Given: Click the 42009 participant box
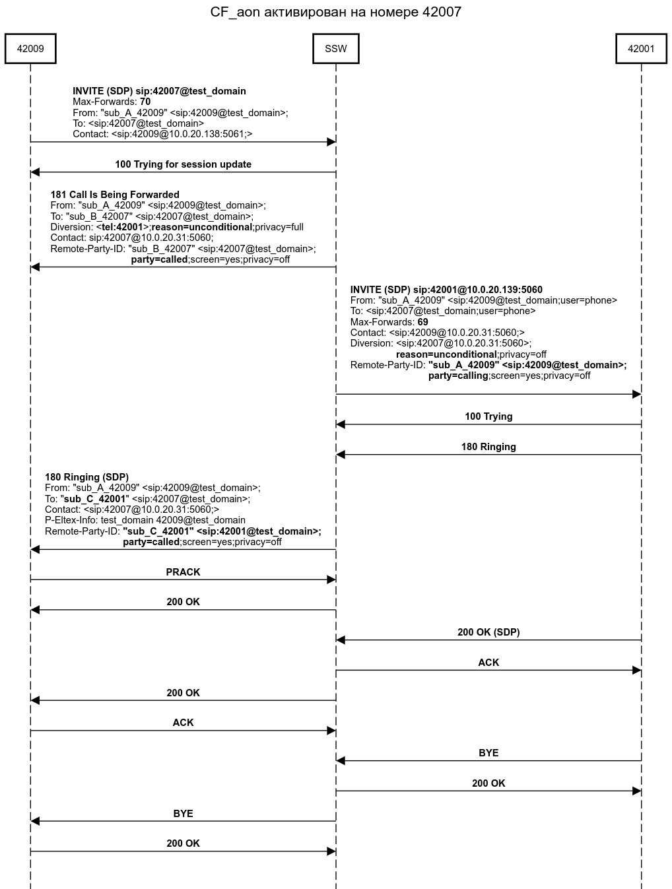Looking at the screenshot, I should pos(30,49).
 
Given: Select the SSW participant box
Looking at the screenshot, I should pos(335,49).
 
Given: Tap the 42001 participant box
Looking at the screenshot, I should pos(640,49).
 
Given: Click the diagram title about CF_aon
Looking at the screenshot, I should pos(335,12).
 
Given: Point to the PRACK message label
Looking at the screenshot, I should pos(183,572).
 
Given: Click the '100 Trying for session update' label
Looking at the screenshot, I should pos(183,164).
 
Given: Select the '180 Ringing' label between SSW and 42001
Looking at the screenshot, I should pos(488,447).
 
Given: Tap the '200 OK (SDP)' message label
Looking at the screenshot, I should pos(488,632).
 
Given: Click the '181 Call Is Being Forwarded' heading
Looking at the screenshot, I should pos(115,195).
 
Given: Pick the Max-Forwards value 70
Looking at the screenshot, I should pos(145,102).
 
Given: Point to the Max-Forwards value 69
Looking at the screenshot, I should pos(422,322).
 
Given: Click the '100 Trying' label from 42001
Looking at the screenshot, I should pos(488,416).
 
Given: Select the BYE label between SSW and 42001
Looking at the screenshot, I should pos(488,753).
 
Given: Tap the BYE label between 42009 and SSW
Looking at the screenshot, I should pos(183,814).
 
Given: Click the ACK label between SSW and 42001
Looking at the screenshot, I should pos(488,663).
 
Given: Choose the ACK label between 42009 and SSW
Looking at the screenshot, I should pos(183,723).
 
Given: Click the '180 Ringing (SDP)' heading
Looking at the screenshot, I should pos(86,477).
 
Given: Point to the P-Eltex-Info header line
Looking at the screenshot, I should pos(145,520).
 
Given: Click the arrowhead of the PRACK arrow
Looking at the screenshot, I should pos(332,579).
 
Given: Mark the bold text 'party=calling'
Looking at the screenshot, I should pos(458,376).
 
